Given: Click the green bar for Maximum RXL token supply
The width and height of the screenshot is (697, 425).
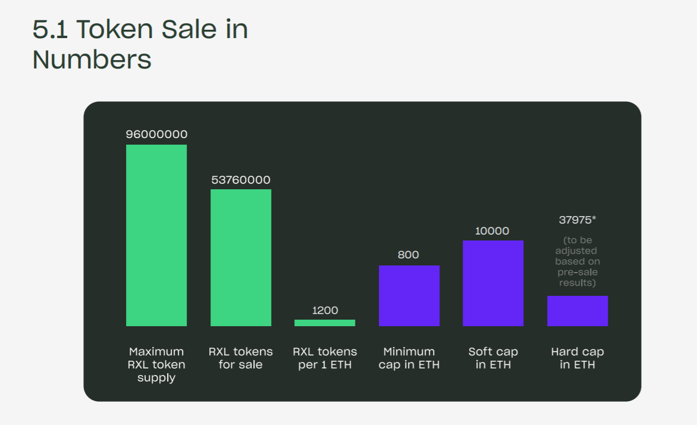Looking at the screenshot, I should point(156,235).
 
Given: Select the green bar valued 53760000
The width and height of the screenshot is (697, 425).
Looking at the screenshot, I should point(241,257).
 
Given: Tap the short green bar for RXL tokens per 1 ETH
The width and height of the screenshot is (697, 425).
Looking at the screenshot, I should point(325,323).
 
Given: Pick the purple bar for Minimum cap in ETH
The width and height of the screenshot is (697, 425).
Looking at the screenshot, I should point(409,295).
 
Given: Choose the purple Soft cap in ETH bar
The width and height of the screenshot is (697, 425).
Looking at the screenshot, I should point(493,283).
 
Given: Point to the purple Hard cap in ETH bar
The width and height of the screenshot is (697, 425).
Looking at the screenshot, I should point(577,311).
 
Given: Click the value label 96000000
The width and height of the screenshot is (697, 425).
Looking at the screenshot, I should point(156,135).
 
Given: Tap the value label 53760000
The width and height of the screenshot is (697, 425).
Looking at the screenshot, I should point(241,180).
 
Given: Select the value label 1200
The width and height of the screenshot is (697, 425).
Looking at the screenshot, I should point(325,310).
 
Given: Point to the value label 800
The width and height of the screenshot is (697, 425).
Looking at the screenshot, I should point(409,255).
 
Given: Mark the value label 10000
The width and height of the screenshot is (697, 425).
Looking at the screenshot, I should point(492,231).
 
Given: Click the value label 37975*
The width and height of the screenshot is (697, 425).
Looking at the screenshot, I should point(577,220).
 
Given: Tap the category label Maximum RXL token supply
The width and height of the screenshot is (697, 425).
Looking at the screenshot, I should point(156,364).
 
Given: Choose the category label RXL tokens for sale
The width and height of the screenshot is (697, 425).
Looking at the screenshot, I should point(241,358).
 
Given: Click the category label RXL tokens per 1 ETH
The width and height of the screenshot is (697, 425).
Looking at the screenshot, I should point(325,358).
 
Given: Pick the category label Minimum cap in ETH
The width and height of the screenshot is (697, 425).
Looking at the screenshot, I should point(409,358).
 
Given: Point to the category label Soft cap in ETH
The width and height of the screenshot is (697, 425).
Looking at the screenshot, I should point(493,358).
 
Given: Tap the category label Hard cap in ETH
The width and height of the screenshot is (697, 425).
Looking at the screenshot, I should point(577,358).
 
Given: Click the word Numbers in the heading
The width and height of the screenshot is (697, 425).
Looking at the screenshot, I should point(92,60).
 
